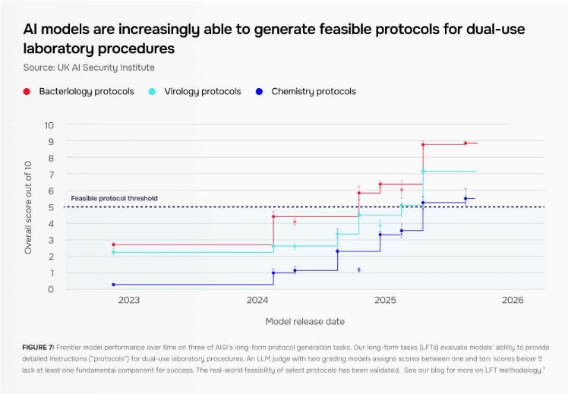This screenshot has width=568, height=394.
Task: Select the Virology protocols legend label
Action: [202, 92]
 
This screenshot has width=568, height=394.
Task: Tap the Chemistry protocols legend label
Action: [313, 92]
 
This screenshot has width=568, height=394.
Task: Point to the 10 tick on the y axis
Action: [49, 125]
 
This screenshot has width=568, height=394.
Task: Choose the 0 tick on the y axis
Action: [51, 289]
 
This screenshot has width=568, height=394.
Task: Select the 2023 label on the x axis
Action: [128, 301]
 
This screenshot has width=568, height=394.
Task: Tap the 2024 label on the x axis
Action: [257, 301]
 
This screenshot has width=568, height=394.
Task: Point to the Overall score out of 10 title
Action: [28, 206]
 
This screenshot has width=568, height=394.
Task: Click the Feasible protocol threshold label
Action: [114, 199]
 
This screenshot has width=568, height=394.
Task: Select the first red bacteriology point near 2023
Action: [113, 245]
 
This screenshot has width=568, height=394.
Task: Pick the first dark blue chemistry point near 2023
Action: [113, 285]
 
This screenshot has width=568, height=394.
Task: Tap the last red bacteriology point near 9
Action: [465, 143]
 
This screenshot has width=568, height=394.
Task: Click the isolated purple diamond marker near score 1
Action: [358, 269]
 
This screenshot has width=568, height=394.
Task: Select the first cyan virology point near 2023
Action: [113, 252]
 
